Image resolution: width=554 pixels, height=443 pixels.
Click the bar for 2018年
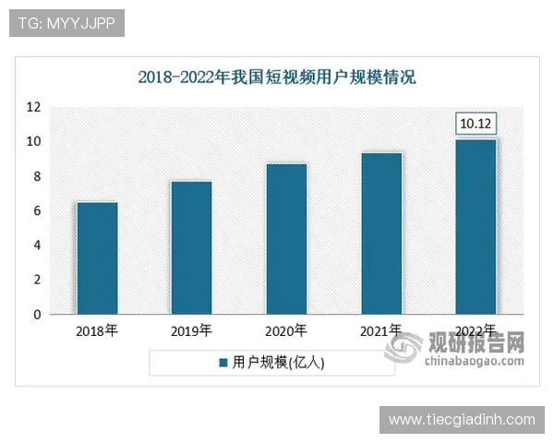coord(97,258)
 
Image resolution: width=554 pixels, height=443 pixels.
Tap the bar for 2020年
coord(286,239)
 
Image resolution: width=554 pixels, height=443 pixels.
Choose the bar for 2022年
coord(476,227)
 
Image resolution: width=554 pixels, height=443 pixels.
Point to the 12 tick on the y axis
coord(34,107)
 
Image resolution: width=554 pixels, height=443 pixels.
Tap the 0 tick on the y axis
coord(38,315)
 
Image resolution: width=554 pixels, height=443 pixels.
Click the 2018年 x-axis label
coord(97,330)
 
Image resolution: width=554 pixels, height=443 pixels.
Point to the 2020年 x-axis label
coord(286,330)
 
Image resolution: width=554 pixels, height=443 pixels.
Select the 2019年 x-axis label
coord(191,330)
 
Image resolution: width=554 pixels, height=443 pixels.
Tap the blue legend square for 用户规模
coord(223,364)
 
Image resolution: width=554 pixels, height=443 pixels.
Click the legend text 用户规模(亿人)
coord(279,364)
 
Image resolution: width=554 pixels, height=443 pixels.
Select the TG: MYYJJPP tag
coord(66,23)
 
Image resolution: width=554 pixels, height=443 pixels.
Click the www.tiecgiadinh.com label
coord(461,420)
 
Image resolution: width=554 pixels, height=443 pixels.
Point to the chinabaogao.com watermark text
coord(475,361)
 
